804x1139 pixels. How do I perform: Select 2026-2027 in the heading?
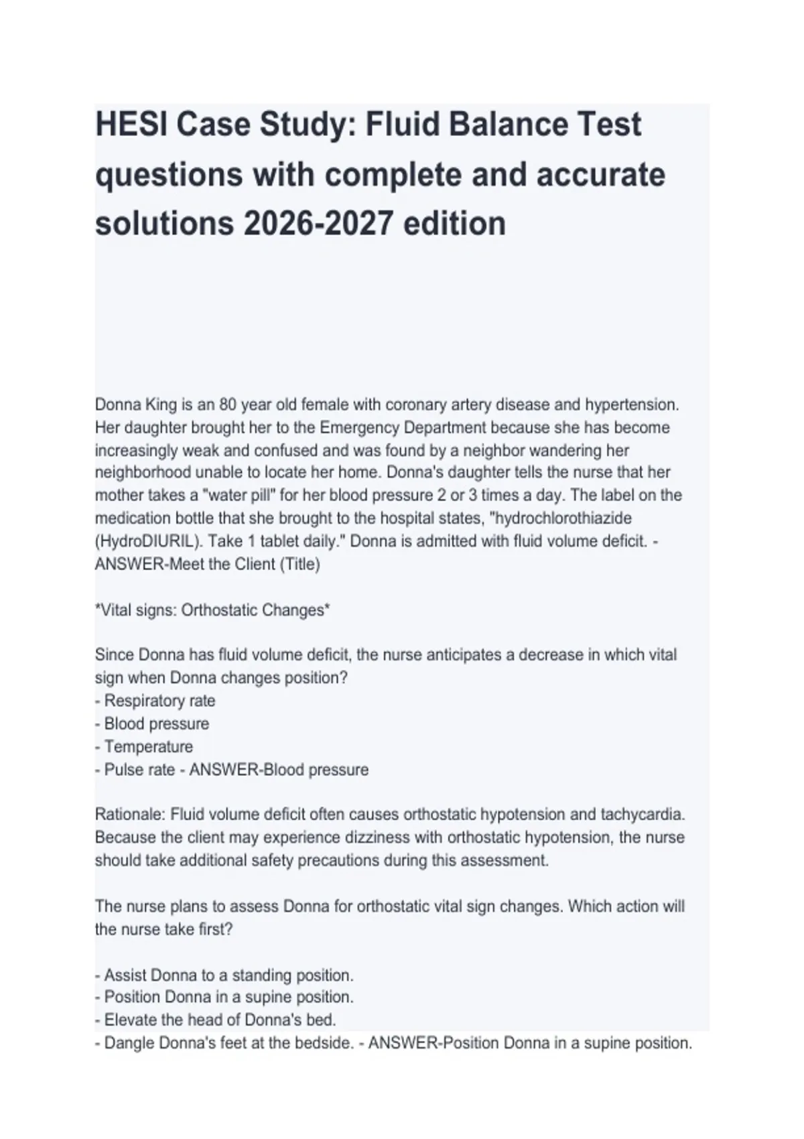pyautogui.click(x=318, y=223)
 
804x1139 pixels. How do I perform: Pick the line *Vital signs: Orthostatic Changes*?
pyautogui.click(x=212, y=610)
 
